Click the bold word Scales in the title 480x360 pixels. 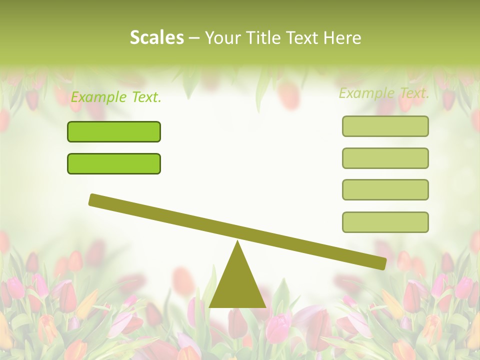coord(156,37)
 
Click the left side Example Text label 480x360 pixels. coord(116,97)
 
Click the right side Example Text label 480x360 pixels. coord(384,93)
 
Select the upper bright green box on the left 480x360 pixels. coord(114,131)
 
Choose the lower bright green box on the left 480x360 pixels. coord(114,163)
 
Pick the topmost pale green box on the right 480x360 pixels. coord(385,126)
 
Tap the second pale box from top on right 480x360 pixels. coord(385,158)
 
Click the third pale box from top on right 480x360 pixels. coord(385,189)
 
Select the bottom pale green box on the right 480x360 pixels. coord(385,222)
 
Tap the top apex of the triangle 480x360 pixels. coord(237,242)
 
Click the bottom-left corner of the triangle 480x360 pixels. coord(210,306)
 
